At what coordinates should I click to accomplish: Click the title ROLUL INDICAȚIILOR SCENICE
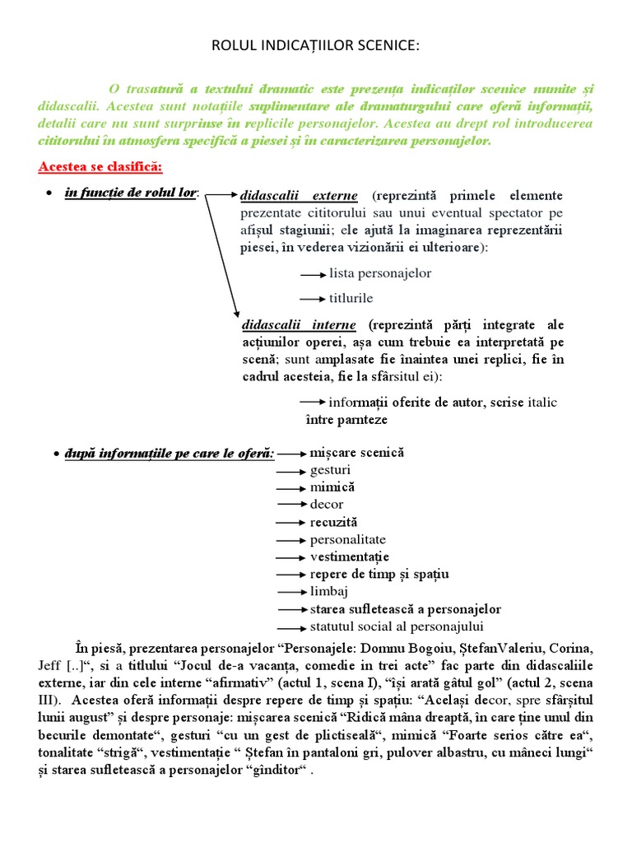coord(316,49)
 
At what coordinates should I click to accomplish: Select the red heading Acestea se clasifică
coord(100,167)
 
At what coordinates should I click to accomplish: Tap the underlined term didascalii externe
coord(298,196)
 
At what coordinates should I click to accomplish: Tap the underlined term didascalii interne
coord(297,324)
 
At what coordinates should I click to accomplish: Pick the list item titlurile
coord(351,298)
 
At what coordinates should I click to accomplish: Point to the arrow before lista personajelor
coord(312,274)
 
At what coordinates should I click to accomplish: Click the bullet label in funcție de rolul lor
coord(131,193)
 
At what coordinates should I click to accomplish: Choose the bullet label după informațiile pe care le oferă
coord(169,454)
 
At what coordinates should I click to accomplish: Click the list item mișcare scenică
coord(357,453)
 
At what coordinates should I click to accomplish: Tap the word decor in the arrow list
coord(327,504)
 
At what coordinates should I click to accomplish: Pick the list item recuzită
coord(333,522)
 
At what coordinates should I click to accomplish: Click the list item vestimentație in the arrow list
coord(349,557)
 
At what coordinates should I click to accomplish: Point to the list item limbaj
coord(329,592)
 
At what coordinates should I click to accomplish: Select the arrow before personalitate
coord(290,540)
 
